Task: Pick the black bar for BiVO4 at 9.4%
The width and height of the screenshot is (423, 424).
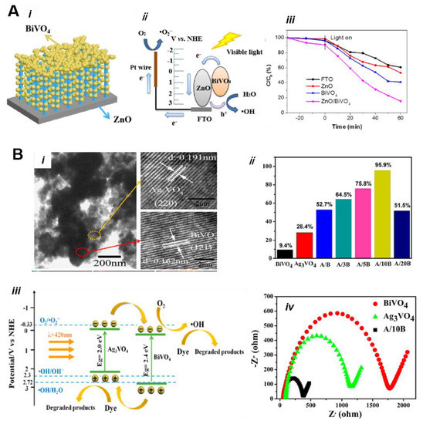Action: pos(285,252)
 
